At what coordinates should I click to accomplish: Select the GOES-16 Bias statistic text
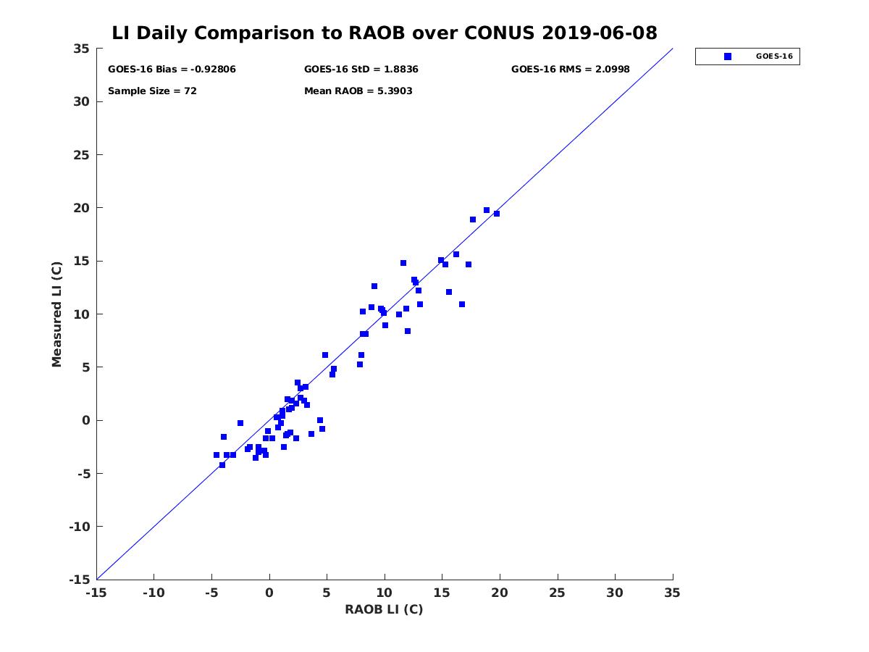(x=172, y=70)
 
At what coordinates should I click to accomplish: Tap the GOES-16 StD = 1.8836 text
(x=361, y=70)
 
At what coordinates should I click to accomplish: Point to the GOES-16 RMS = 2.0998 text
(x=570, y=70)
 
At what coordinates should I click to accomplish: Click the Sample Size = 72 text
(x=152, y=91)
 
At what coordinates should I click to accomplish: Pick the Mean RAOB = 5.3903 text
(x=358, y=91)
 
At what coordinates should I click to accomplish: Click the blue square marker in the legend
(x=728, y=57)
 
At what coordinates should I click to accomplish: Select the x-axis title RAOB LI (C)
(x=384, y=609)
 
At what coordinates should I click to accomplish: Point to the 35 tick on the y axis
(x=81, y=49)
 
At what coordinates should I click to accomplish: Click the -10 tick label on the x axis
(x=154, y=593)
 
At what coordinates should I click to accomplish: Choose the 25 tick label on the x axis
(x=558, y=593)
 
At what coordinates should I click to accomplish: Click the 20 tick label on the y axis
(x=81, y=208)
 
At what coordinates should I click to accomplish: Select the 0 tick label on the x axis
(x=269, y=593)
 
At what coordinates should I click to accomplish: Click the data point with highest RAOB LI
(x=496, y=214)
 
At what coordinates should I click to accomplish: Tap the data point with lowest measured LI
(x=222, y=465)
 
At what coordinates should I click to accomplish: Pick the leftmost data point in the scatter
(x=217, y=455)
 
